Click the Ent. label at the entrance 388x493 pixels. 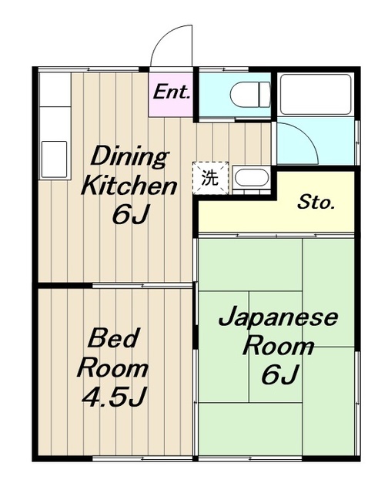tap(172, 92)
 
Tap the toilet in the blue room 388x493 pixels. tap(250, 94)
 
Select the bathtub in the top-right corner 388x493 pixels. tap(315, 94)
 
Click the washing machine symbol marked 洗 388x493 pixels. tap(210, 178)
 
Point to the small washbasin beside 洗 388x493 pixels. tap(251, 179)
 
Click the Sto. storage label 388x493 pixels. tap(316, 203)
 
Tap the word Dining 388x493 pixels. tap(129, 156)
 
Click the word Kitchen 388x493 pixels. tap(129, 186)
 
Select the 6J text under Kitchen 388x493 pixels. tap(130, 214)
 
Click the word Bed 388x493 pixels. tap(113, 337)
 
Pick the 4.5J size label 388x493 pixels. tap(114, 396)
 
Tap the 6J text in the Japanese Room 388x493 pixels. tap(279, 374)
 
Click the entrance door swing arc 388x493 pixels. tap(163, 37)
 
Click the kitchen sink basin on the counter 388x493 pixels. tap(55, 159)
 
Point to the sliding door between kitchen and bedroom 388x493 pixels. tap(142, 286)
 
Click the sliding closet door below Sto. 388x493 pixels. tap(276, 235)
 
